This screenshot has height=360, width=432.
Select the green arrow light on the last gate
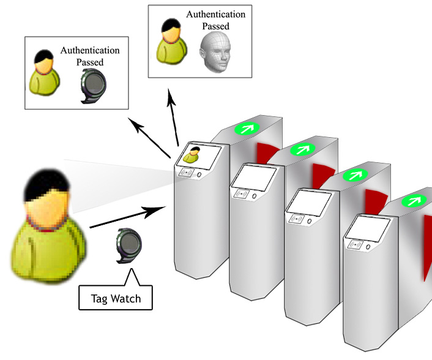414,201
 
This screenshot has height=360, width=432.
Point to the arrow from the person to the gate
128,217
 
